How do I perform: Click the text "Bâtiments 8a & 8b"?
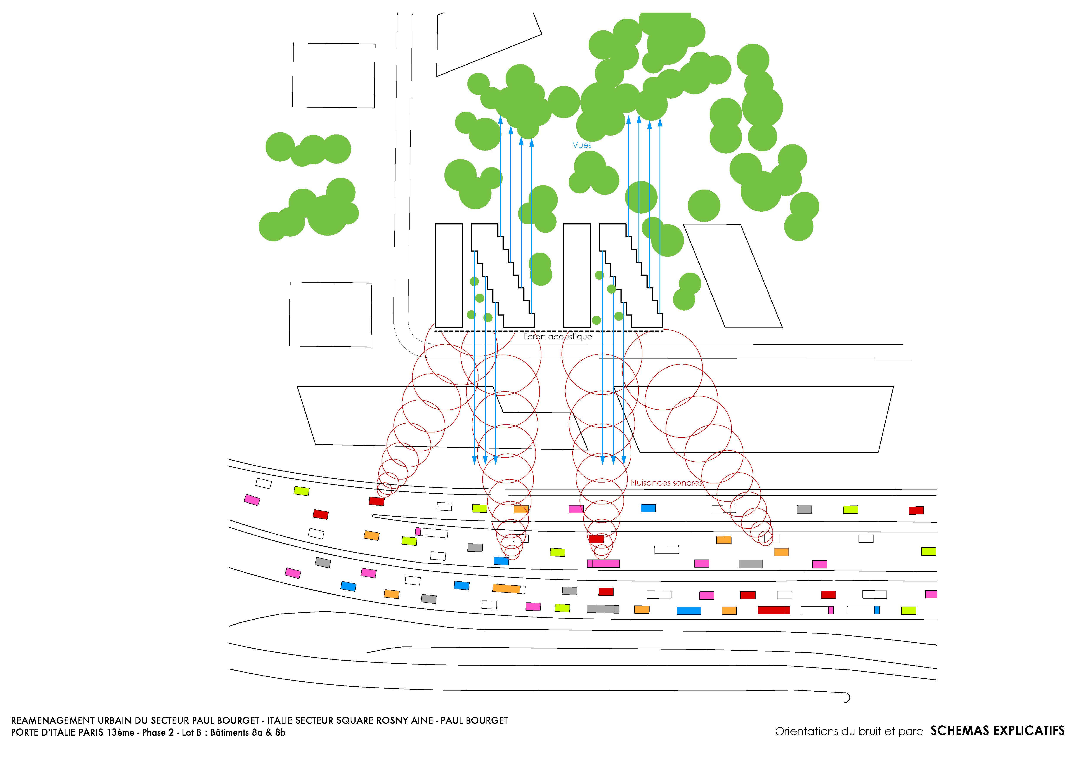point(247,732)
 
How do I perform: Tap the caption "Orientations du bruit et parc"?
point(849,732)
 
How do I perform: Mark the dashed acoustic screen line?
point(549,331)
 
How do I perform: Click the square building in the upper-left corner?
point(334,75)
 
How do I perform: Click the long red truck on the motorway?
point(774,610)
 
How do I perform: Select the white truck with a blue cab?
point(863,610)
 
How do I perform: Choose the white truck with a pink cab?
point(817,610)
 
